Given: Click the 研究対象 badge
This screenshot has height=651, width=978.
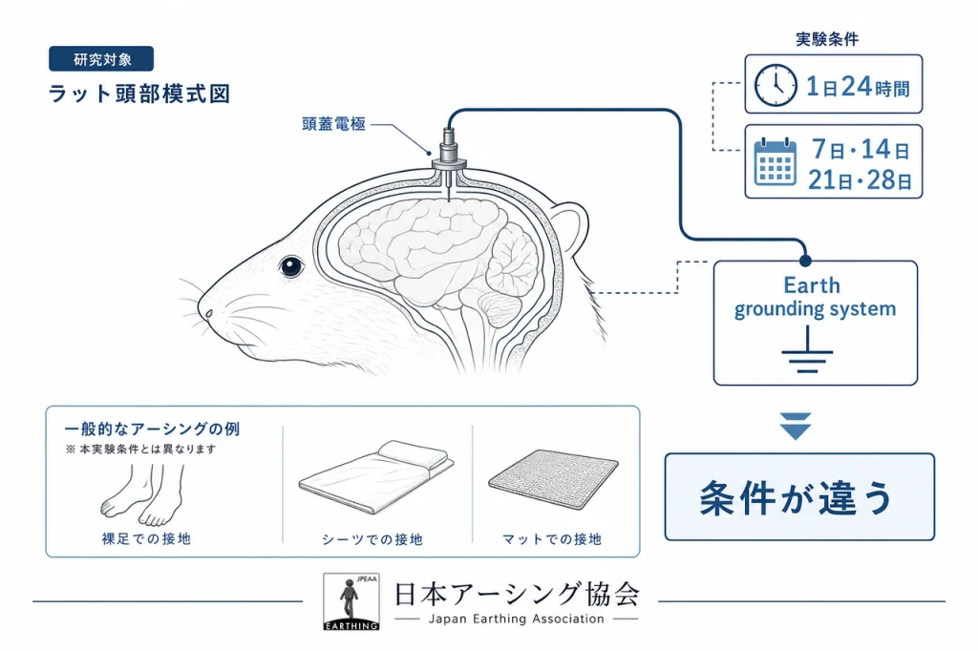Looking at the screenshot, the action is point(101,59).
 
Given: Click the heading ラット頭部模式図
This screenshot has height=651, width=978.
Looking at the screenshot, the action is point(139,94).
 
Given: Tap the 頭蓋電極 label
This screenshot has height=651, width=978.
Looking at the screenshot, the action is point(333,124).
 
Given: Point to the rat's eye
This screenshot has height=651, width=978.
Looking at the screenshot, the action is point(290,267).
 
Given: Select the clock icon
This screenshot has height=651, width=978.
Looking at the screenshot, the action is point(776,85).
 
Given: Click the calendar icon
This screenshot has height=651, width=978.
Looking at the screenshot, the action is point(776,162).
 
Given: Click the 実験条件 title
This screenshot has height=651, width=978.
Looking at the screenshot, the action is point(827,39).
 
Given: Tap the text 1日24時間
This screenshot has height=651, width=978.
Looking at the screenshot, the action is point(858,87).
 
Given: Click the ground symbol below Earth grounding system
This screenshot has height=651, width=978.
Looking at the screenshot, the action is point(807,351).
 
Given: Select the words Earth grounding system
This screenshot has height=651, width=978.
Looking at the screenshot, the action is point(814,298).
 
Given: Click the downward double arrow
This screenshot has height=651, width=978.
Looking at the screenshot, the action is point(796,426).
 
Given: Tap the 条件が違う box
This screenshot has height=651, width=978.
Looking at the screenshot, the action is point(799,497).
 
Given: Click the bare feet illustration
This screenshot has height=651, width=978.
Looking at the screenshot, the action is point(143,494).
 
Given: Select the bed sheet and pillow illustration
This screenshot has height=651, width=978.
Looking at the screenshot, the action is point(376,476).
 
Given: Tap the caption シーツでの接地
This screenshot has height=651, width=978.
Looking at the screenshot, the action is point(372,539).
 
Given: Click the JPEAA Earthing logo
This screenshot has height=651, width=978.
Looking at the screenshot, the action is point(351,601).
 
